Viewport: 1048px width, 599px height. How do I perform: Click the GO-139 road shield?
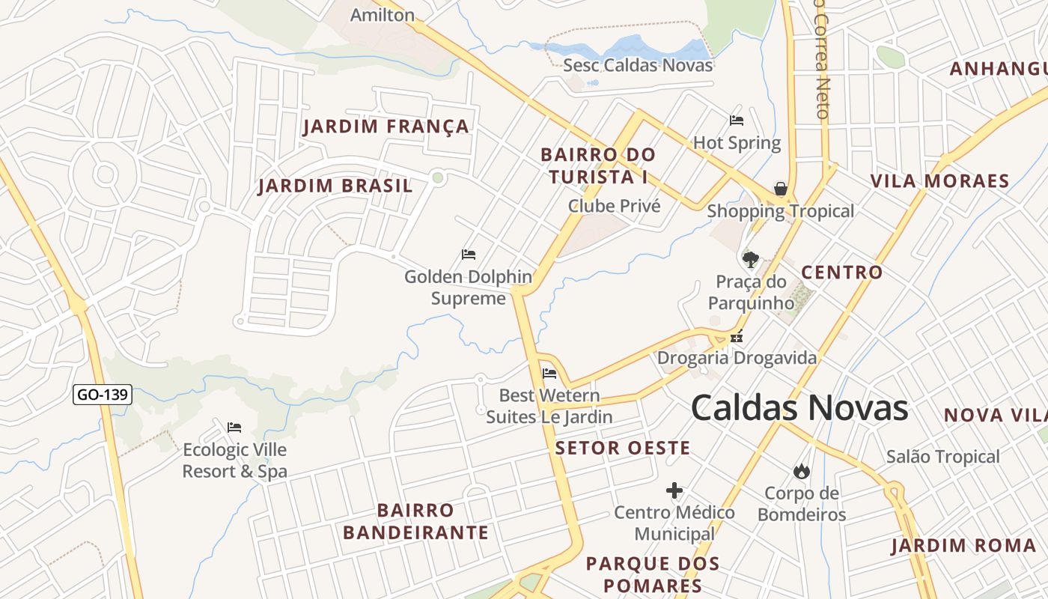[103, 395]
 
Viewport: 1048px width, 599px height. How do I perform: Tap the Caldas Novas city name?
[799, 408]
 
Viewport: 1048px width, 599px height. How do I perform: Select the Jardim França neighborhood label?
[386, 127]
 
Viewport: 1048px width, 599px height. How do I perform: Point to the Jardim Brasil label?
[335, 186]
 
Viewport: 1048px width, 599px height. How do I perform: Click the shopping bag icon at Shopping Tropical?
[781, 188]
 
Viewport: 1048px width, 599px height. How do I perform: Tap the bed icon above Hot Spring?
[737, 120]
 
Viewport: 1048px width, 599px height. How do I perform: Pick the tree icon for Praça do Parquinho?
[750, 260]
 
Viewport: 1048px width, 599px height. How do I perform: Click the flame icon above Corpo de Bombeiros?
[801, 471]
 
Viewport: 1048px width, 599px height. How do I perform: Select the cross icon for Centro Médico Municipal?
[674, 491]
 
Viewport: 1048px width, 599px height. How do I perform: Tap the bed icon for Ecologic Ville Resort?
[234, 428]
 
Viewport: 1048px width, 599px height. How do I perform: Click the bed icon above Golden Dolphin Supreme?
[469, 255]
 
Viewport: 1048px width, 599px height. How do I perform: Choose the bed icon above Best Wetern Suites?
[549, 373]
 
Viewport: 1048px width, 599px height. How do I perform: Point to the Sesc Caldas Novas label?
[638, 65]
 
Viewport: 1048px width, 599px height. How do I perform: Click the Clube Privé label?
[615, 206]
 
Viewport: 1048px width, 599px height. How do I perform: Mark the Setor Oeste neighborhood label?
[623, 449]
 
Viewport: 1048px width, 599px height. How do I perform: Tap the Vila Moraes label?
[939, 181]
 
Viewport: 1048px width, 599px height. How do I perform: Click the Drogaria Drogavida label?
[737, 358]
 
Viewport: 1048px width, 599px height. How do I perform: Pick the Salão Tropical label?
[942, 457]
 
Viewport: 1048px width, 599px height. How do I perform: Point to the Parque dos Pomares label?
[653, 574]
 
